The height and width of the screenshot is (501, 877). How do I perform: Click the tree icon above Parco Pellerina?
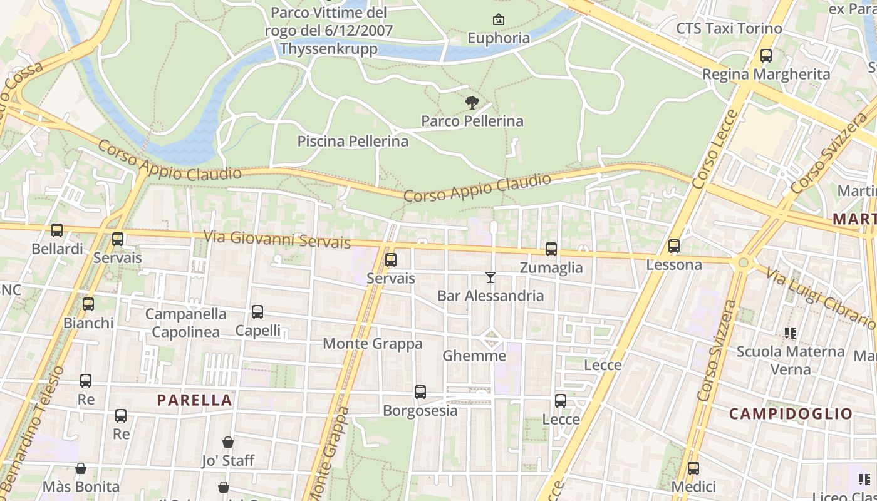472,103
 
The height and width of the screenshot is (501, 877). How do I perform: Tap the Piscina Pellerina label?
353,142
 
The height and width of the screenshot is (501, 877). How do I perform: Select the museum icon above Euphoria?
499,20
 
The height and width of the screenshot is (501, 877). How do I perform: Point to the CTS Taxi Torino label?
729,29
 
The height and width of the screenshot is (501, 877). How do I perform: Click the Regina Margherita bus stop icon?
765,56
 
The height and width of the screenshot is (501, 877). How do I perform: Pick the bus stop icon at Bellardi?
57,230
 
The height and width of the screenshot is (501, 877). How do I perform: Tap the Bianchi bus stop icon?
88,304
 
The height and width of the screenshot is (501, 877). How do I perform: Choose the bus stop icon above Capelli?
257,312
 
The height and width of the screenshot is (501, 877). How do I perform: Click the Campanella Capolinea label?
185,323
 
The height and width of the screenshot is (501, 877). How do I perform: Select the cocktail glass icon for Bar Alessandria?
490,277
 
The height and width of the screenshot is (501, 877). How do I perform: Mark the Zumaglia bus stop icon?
551,249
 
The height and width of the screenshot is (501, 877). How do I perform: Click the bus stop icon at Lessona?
674,246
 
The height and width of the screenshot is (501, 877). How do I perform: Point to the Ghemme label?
474,356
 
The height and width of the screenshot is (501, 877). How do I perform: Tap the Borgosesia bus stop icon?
420,392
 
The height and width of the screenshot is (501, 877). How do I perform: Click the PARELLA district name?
194,400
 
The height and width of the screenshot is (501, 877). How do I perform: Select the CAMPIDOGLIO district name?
791,413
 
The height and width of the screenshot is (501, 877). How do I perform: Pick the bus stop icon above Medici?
693,468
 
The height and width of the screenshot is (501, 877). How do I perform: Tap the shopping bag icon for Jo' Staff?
228,442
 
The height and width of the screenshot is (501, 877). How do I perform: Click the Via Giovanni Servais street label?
277,239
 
